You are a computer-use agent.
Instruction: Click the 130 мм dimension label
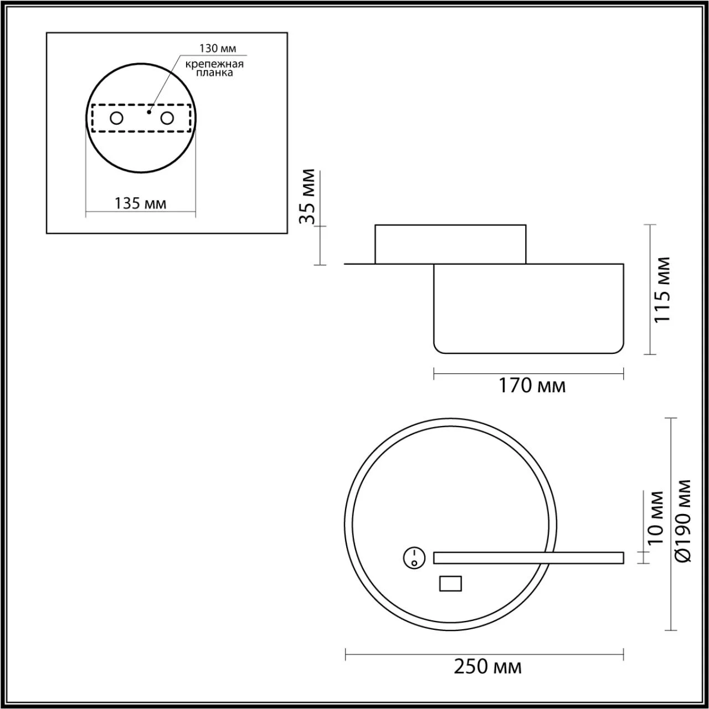(218, 48)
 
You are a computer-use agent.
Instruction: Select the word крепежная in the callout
(214, 64)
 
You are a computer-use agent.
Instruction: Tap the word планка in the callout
(214, 73)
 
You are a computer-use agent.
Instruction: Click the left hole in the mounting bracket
(117, 119)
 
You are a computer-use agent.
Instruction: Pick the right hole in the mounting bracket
(167, 119)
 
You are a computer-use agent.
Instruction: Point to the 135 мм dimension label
(141, 203)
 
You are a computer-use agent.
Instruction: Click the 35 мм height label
(307, 197)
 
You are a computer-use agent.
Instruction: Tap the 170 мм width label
(532, 386)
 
